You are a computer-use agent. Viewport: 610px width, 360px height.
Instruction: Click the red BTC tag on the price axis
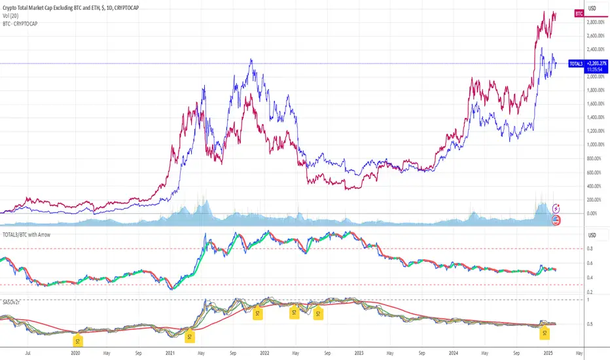579,13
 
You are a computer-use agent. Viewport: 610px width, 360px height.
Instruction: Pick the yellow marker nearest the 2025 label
544,333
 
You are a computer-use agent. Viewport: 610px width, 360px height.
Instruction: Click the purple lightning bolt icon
557,208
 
